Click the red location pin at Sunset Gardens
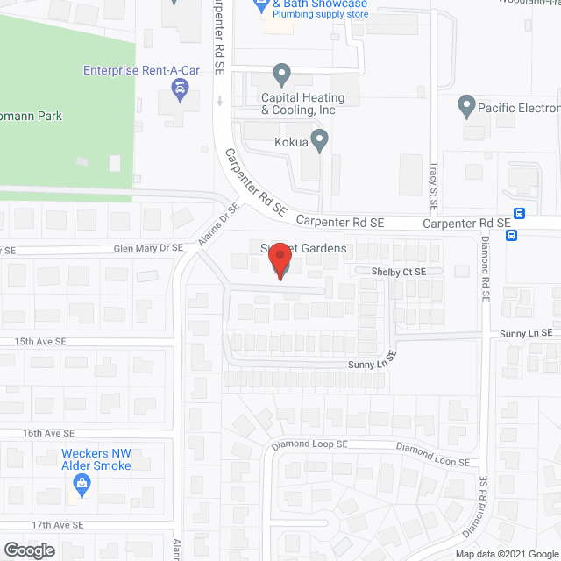279,260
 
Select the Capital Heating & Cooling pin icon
281,73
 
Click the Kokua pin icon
320,138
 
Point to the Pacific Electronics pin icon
467,107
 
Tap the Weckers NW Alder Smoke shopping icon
82,482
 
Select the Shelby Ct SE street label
398,273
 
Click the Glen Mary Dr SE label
148,249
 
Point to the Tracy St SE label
433,184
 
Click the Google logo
29,550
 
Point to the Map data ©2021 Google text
506,554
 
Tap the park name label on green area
31,116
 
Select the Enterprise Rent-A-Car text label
142,71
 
